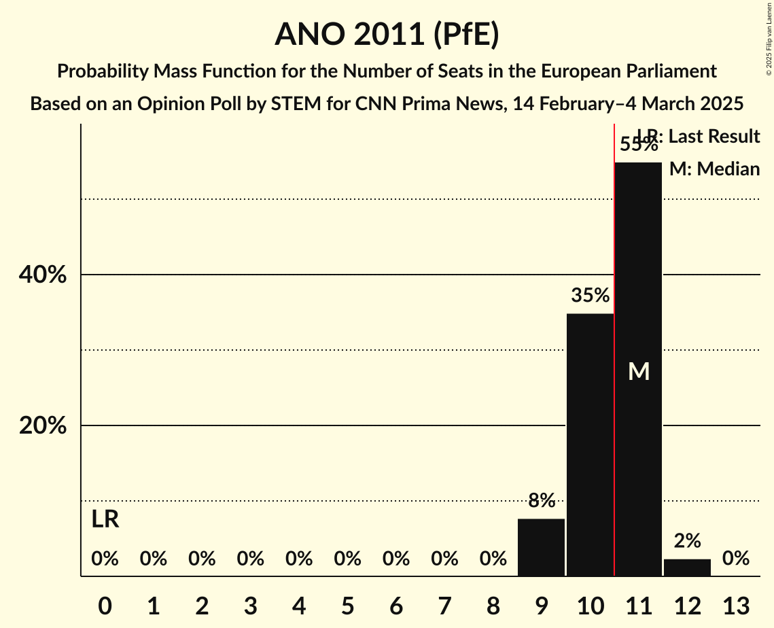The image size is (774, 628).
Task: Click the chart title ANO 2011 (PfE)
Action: click(x=387, y=35)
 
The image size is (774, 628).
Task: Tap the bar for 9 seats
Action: click(x=542, y=547)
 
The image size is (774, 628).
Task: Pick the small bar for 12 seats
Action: click(x=687, y=568)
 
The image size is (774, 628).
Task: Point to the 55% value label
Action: click(x=638, y=144)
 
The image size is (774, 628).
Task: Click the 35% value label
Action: click(x=590, y=296)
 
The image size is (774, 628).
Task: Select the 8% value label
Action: click(x=542, y=501)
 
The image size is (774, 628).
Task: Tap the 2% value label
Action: click(x=687, y=541)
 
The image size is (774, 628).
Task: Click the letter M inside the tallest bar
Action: click(x=639, y=371)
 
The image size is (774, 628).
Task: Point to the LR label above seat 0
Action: click(x=105, y=520)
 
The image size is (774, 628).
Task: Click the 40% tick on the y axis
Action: click(x=42, y=275)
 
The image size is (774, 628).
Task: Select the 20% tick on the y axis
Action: click(x=42, y=426)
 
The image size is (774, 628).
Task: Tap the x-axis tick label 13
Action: click(x=736, y=606)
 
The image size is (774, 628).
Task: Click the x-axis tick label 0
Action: click(x=105, y=606)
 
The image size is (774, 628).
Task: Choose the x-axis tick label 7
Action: click(x=444, y=606)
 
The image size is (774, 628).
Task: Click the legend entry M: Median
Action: click(x=714, y=169)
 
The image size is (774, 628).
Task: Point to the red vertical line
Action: click(x=614, y=408)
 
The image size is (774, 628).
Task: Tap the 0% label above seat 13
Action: click(x=736, y=559)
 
